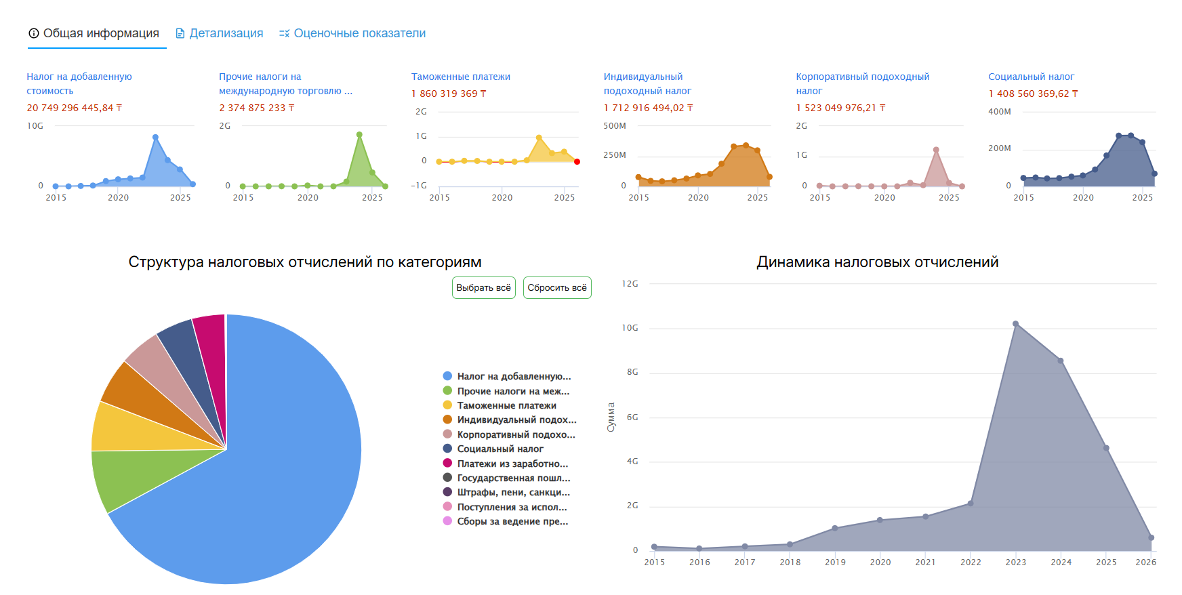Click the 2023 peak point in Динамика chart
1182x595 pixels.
(x=1015, y=324)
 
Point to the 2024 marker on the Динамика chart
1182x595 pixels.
(x=1061, y=361)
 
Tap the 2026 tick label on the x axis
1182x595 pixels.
(x=1145, y=562)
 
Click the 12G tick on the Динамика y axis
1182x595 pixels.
(x=630, y=284)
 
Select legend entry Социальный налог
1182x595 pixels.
(x=500, y=449)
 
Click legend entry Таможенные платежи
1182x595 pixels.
(x=506, y=405)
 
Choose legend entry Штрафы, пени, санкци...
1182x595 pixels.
(x=513, y=492)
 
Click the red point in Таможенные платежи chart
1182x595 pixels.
(x=577, y=161)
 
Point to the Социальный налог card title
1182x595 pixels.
(x=1031, y=77)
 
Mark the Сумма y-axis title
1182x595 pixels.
(x=611, y=417)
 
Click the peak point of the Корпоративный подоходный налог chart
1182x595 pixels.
(x=936, y=150)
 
